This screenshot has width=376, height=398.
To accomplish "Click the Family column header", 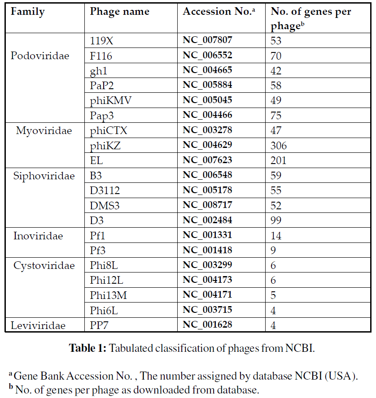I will coord(27,12).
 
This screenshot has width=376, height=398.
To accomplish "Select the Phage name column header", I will coord(120,12).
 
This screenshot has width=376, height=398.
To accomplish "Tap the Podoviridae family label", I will coord(40,56).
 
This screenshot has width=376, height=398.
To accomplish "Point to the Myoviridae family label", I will coord(44,131).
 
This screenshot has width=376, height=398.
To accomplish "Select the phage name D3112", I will coord(105,190).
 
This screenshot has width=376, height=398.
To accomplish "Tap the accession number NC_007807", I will coord(207,40).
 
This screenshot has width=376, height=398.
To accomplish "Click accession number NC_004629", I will coord(207,145).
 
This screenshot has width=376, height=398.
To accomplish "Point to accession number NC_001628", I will coord(207,324).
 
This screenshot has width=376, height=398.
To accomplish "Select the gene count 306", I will coord(279,146).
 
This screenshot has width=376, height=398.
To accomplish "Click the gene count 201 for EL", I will coord(278,160).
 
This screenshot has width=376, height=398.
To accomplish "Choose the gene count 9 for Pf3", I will coord(273,250).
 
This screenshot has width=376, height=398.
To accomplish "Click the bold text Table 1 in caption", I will coord(87,348).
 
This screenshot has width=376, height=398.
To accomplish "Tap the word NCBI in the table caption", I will coord(299,348).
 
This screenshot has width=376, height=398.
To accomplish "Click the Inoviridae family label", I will coord(38,236).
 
